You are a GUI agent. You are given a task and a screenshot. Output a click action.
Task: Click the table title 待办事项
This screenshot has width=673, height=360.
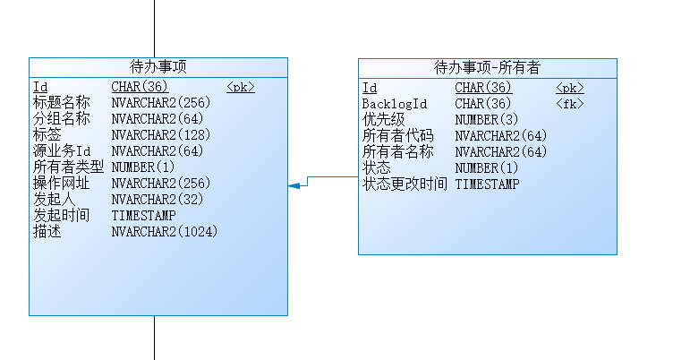(158, 67)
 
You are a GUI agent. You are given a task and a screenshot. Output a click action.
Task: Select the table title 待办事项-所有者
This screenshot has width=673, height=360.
(487, 68)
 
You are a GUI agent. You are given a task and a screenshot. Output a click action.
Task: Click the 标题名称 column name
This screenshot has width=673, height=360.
(62, 103)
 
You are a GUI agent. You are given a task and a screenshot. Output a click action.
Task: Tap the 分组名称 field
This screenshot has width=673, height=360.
(62, 119)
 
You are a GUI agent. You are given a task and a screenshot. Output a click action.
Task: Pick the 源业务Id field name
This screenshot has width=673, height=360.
(62, 151)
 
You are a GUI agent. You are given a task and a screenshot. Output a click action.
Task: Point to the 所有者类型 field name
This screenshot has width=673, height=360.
(68, 167)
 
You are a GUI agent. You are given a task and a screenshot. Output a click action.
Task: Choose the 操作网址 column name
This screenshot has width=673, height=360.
(62, 184)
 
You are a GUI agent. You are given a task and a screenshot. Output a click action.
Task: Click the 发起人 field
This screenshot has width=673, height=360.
(55, 200)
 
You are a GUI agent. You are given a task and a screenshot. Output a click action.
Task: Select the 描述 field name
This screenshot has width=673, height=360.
(47, 232)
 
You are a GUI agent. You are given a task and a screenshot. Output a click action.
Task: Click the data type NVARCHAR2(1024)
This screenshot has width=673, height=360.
(165, 232)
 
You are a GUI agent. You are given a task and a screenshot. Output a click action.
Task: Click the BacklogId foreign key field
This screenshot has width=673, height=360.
(395, 104)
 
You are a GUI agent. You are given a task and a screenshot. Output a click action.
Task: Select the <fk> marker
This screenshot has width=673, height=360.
(569, 104)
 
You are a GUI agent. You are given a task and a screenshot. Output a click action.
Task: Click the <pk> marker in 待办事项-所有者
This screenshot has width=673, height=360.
(569, 88)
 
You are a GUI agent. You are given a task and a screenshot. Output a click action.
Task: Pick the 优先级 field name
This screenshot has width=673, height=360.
(383, 120)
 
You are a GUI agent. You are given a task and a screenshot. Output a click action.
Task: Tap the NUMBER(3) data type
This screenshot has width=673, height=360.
(486, 120)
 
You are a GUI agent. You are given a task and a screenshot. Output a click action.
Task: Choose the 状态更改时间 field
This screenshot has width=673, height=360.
(405, 184)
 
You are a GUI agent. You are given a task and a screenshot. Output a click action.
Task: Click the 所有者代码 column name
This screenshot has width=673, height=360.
(397, 136)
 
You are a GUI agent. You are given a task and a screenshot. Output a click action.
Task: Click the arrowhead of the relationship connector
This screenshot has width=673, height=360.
(293, 185)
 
